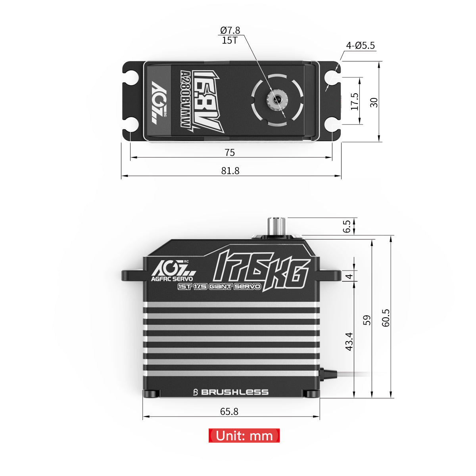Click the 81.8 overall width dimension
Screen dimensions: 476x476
(x=230, y=171)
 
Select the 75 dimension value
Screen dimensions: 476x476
(x=230, y=153)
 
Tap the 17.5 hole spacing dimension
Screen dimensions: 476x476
(x=355, y=102)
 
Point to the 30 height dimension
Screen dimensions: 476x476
(x=374, y=102)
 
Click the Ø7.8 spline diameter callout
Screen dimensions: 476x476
(x=230, y=31)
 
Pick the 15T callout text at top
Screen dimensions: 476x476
(x=230, y=40)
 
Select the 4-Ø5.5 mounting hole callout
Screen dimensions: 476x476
(x=360, y=46)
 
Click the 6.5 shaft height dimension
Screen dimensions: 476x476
(x=347, y=226)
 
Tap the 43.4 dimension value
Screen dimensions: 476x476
(x=349, y=341)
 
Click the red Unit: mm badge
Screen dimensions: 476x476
(x=244, y=436)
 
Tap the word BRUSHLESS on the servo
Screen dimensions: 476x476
(x=234, y=392)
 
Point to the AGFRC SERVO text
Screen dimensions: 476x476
(x=171, y=278)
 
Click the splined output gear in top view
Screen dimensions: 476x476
(x=274, y=98)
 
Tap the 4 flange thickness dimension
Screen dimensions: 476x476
(x=349, y=276)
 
